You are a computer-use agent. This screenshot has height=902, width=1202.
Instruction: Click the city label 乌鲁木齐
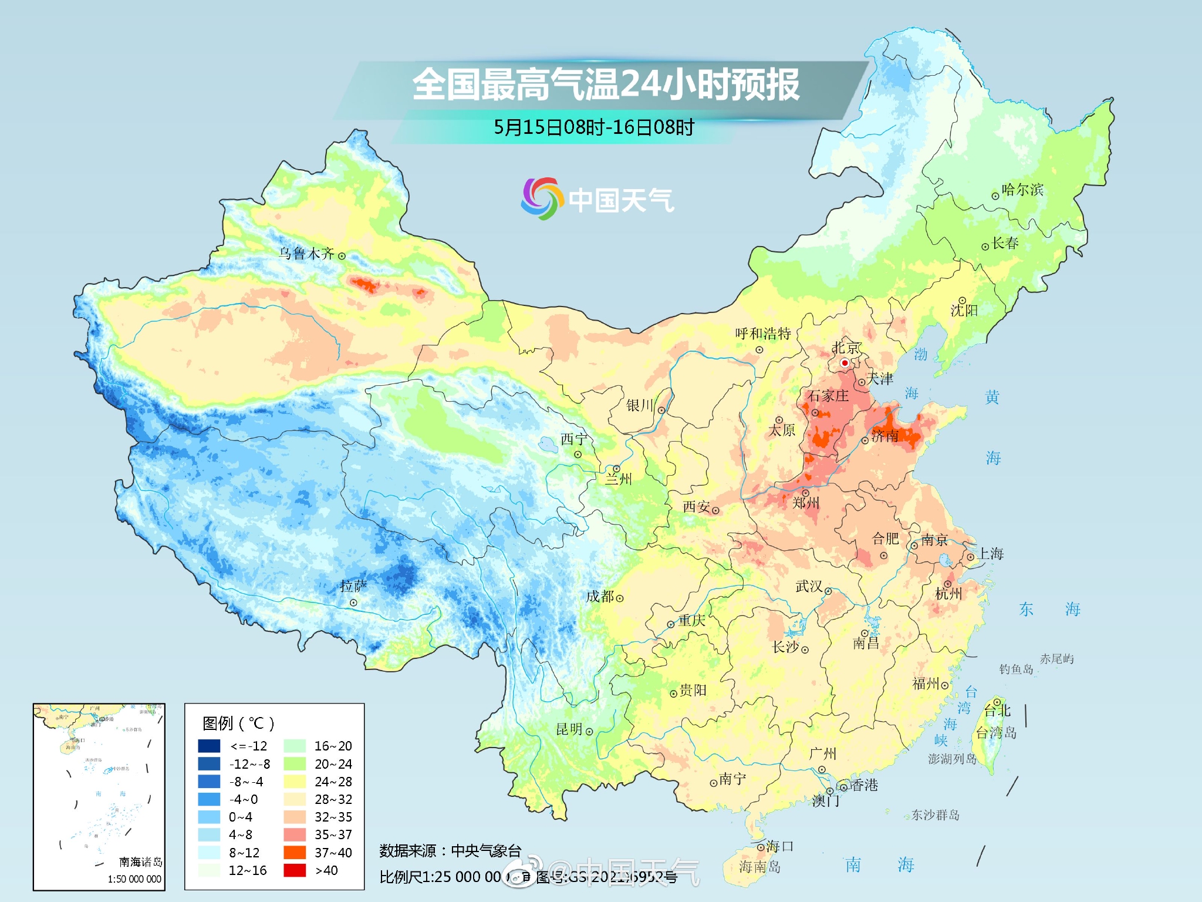306,254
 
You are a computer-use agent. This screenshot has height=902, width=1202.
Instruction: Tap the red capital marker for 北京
845,363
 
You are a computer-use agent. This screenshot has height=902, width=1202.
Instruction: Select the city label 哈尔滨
1022,190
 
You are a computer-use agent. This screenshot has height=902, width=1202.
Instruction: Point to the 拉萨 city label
353,586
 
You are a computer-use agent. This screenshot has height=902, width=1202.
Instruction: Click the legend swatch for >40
295,870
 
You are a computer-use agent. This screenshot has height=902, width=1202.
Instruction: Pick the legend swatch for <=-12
209,746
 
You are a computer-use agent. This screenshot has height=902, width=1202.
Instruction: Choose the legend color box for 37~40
295,852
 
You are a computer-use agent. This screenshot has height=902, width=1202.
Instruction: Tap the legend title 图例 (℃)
238,723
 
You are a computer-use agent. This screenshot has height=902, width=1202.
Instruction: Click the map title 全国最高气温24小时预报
605,85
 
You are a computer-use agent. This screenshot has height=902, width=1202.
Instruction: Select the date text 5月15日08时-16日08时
593,127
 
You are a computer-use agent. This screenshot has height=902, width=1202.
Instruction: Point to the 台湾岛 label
996,733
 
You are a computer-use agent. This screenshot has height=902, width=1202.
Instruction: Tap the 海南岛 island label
759,866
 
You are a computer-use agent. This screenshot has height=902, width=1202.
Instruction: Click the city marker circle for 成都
620,598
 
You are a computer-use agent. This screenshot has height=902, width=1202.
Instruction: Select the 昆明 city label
569,729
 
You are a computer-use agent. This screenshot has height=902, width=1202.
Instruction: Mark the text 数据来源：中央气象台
450,851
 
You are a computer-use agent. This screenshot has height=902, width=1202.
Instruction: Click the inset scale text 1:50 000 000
134,879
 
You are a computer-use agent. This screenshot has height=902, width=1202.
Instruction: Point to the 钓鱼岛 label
1016,669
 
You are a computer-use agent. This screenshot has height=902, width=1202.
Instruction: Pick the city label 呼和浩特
763,334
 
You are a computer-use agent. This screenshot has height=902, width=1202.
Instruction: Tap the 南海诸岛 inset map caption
140,861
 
